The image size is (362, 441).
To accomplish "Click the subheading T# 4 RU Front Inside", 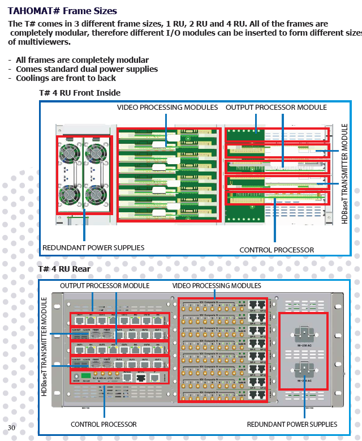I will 79,93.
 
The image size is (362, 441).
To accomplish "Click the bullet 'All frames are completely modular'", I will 82,60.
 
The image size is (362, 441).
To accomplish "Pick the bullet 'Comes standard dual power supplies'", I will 87,69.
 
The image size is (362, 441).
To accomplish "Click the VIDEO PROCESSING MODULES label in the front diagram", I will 167,107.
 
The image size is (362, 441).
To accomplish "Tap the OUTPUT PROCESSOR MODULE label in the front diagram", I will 276,107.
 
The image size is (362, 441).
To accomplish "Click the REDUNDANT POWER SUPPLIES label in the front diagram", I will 93,247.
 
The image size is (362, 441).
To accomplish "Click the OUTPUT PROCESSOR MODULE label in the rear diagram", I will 105,286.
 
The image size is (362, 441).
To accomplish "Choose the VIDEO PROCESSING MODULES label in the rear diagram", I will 217,286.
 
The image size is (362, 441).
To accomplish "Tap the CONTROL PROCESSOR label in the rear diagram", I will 104,424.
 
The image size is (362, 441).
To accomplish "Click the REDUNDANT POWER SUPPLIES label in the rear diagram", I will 292,424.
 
